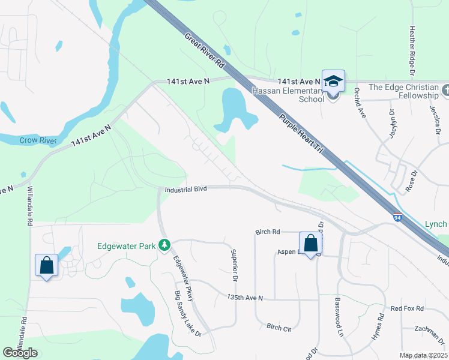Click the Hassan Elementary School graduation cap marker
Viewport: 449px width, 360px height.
(x=333, y=81)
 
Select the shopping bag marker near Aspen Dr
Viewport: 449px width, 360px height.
(x=310, y=244)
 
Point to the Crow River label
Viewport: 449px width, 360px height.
(x=37, y=140)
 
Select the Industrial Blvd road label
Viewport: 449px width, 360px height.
(x=185, y=189)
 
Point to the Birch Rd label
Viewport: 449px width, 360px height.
(x=268, y=232)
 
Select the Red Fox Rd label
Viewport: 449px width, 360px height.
(x=407, y=308)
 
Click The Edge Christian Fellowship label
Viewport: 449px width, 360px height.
(x=404, y=91)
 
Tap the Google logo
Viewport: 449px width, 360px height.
(x=20, y=353)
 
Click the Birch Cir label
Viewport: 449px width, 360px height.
(x=279, y=327)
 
